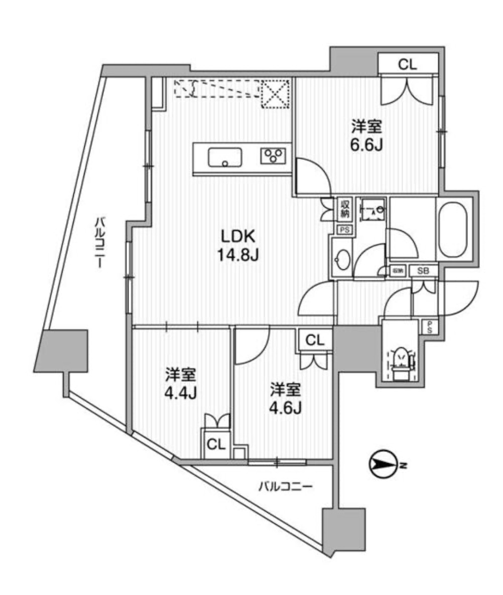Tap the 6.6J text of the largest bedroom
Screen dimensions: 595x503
pos(367,136)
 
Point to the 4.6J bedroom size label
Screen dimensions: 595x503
pos(286,397)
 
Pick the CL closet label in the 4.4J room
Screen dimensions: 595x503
pos(216,444)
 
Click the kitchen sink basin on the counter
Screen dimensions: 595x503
pos(225,157)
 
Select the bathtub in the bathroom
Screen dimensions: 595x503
pos(455,228)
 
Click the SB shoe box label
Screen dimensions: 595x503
pos(424,270)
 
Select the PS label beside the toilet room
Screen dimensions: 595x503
pos(430,327)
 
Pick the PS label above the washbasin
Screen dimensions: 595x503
pos(344,230)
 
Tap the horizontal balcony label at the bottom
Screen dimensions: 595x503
pos(286,487)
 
